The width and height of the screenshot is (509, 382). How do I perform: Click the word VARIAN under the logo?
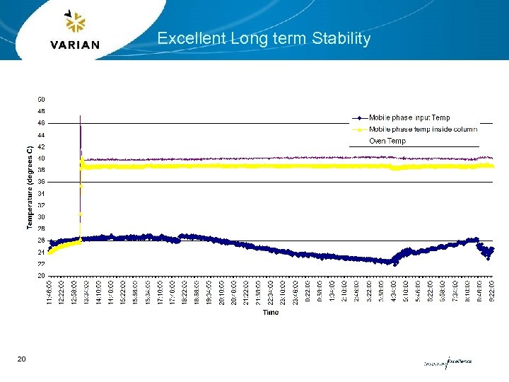pyautogui.click(x=76, y=45)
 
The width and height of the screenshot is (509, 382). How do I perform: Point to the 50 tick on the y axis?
pyautogui.click(x=41, y=99)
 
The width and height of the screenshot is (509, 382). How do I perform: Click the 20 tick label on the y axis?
pyautogui.click(x=41, y=275)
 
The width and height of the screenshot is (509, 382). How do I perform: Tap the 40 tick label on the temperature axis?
pyautogui.click(x=41, y=158)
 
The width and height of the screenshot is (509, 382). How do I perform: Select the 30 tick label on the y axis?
pyautogui.click(x=41, y=216)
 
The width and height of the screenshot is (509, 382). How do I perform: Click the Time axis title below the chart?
pyautogui.click(x=271, y=312)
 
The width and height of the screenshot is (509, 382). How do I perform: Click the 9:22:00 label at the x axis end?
pyautogui.click(x=491, y=292)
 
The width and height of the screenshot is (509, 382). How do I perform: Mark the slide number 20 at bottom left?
pyautogui.click(x=21, y=360)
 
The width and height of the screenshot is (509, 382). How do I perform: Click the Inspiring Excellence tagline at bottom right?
pyautogui.click(x=447, y=362)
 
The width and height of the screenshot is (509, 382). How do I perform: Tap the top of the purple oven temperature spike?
pyautogui.click(x=81, y=115)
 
